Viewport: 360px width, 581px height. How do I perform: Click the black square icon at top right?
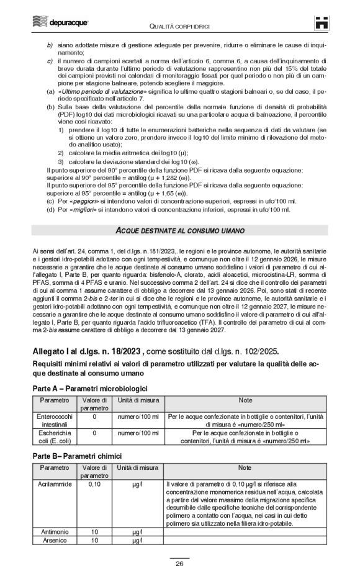[x=322, y=22]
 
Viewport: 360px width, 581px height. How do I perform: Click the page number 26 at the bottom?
[x=179, y=564]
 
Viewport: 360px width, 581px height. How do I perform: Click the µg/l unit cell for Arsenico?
[x=137, y=541]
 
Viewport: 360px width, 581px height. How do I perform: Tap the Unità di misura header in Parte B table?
[x=137, y=467]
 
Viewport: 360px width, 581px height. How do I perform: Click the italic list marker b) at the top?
[x=50, y=45]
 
